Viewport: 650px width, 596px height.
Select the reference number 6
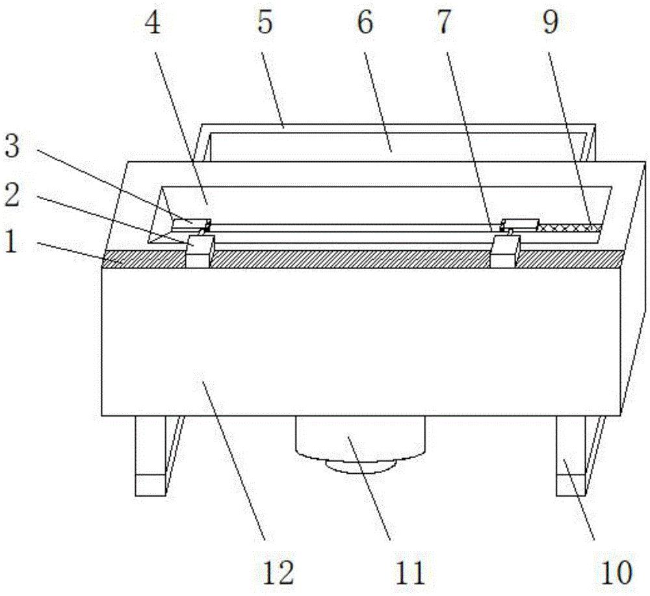click(365, 26)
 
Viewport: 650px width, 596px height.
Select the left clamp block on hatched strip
click(200, 251)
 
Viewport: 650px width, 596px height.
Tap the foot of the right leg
click(570, 485)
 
